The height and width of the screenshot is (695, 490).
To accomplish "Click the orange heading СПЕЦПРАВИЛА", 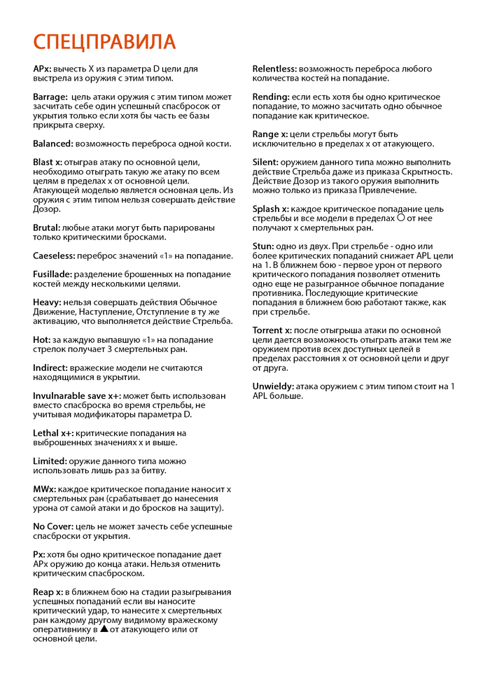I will click(104, 41).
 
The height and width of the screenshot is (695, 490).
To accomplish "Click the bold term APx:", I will click(41, 69).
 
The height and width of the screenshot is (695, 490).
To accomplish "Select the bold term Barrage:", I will click(50, 97).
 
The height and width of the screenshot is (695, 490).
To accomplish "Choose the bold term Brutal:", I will click(46, 227).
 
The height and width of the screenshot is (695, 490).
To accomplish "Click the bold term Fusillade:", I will click(53, 274).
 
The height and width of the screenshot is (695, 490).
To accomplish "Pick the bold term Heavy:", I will click(47, 302).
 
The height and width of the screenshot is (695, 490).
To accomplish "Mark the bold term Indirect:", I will click(50, 367).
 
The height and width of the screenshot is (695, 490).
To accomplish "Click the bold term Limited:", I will click(50, 461).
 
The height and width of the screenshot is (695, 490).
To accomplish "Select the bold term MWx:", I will click(44, 489).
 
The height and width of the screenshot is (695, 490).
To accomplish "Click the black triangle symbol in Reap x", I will click(104, 629).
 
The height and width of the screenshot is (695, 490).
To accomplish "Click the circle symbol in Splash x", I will click(400, 218).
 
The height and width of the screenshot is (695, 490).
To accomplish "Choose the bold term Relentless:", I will click(274, 69).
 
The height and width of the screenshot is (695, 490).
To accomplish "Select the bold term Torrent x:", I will click(272, 330).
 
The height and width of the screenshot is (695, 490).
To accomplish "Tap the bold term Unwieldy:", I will click(273, 386).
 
